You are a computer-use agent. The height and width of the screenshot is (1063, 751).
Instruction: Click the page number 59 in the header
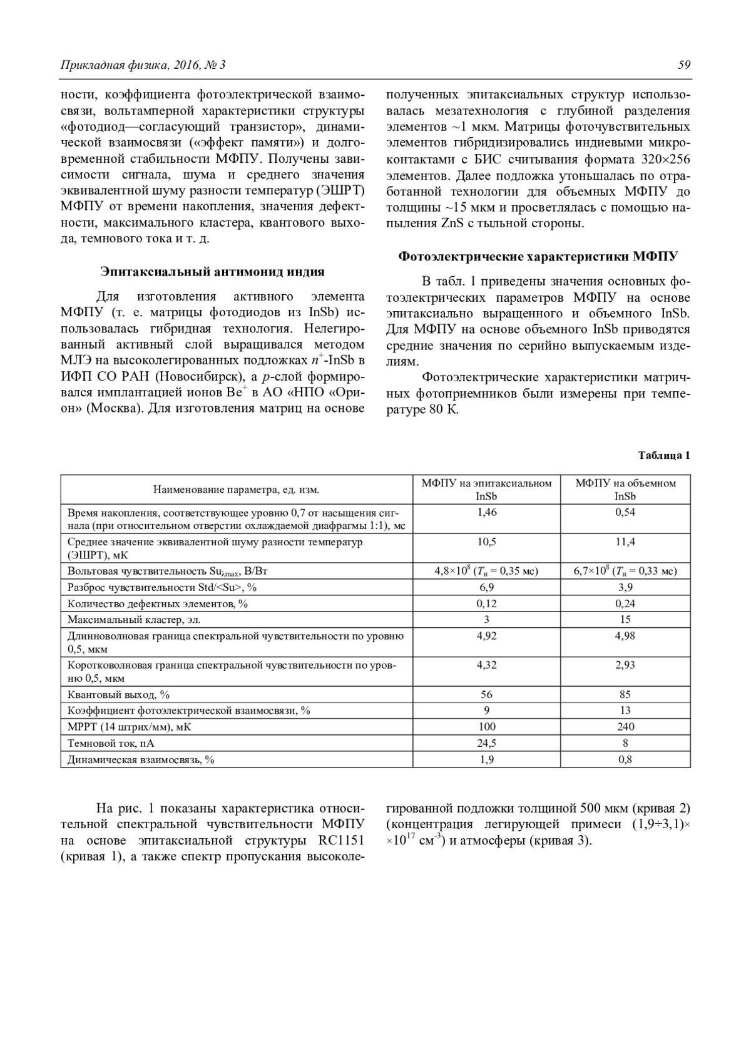click(x=683, y=65)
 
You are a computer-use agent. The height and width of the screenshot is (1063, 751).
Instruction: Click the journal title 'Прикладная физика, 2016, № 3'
click(x=143, y=65)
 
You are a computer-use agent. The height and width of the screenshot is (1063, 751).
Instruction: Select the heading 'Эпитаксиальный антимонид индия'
click(x=213, y=272)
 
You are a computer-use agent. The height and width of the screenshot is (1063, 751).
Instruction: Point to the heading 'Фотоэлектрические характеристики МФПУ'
click(x=538, y=256)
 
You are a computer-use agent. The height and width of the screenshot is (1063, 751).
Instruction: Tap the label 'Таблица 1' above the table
click(x=664, y=455)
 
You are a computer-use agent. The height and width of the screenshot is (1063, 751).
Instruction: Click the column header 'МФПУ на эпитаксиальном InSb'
click(x=486, y=490)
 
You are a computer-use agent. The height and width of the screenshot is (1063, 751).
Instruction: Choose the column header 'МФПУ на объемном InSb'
click(x=625, y=490)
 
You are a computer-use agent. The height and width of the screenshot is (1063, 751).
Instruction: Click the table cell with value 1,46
click(x=486, y=512)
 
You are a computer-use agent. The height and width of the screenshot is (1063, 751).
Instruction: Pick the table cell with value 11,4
click(x=625, y=542)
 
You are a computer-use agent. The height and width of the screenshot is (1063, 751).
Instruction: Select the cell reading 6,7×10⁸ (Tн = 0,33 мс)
click(x=625, y=571)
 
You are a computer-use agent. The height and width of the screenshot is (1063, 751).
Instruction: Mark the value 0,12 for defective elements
click(x=486, y=603)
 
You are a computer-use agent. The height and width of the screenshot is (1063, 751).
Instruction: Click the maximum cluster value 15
click(x=625, y=620)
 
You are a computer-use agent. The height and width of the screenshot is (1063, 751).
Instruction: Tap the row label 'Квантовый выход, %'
click(x=118, y=694)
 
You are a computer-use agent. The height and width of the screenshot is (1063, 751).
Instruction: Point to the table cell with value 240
click(x=625, y=727)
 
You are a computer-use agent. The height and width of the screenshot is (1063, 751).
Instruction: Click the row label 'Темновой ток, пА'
click(x=111, y=743)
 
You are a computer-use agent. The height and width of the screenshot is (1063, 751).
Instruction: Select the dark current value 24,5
click(x=486, y=743)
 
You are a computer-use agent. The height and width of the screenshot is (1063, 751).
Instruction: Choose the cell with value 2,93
click(x=625, y=665)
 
